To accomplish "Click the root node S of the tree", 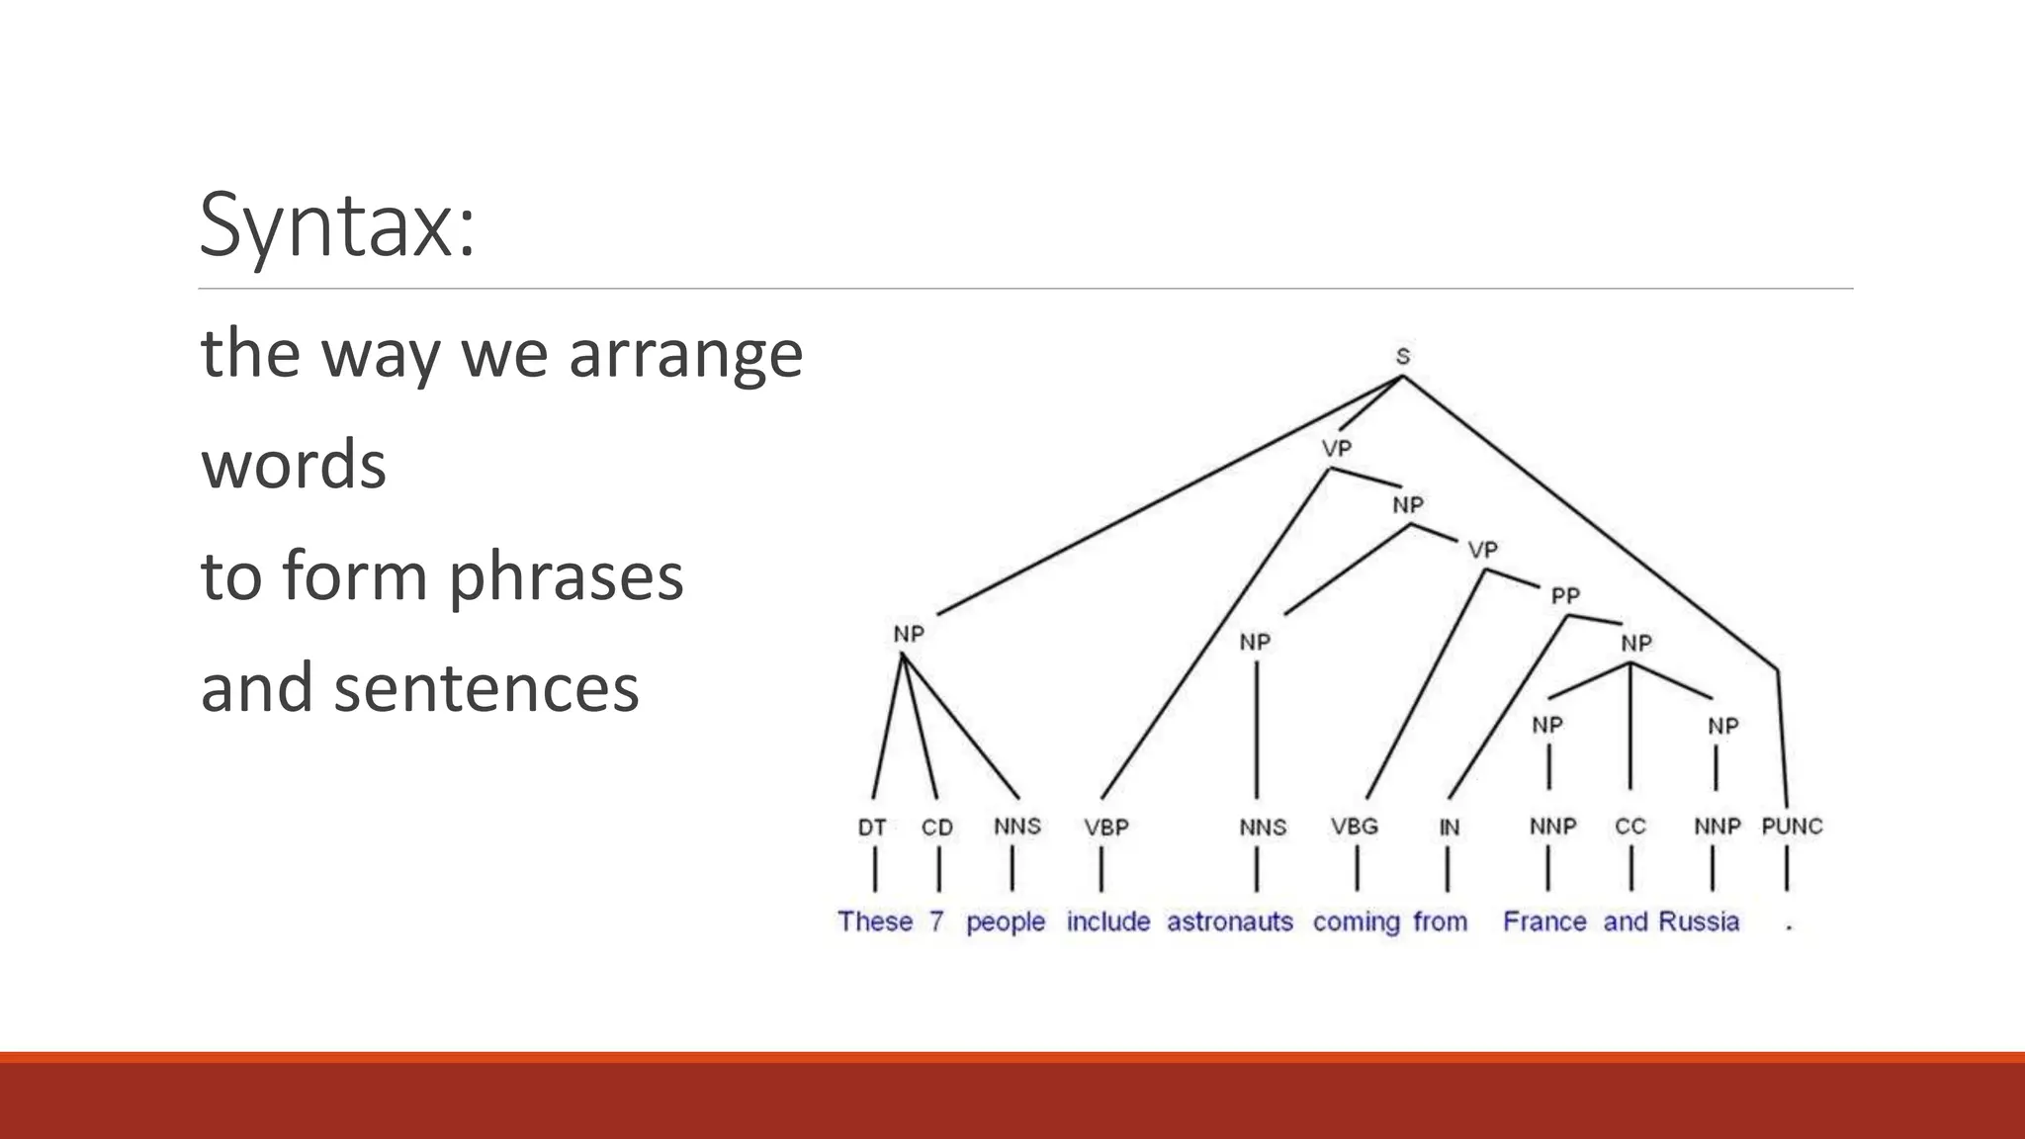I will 1402,357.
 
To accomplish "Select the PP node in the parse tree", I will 1565,595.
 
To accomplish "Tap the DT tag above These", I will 872,828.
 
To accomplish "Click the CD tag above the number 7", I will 937,828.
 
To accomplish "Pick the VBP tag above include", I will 1105,828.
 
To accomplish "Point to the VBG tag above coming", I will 1354,827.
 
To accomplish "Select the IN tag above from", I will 1449,828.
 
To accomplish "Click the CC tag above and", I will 1629,827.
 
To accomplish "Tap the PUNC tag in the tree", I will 1792,827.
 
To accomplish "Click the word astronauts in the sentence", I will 1230,921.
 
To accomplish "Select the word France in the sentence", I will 1544,921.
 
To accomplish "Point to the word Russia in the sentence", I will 1699,921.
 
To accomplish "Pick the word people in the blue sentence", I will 1006,922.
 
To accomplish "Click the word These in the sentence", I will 875,921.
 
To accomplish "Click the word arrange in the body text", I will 685,354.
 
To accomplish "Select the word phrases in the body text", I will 566,577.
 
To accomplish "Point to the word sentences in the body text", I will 486,688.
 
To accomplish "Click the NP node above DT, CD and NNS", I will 909,634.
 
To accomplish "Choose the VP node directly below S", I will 1337,449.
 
